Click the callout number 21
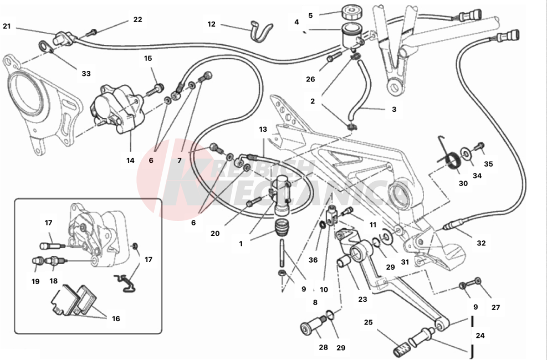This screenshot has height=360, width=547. tap(7, 26)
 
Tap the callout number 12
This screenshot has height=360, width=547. tap(212, 24)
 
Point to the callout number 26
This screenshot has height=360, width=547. tap(310, 79)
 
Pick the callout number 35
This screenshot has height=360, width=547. tap(488, 164)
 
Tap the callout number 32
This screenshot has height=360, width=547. tap(480, 242)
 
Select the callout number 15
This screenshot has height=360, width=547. tap(148, 59)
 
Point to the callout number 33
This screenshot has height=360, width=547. tap(86, 73)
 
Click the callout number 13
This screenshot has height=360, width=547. tap(263, 129)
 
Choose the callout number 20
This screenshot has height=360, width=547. tap(215, 233)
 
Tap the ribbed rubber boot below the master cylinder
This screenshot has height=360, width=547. tap(284, 227)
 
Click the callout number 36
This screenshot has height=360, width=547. tap(313, 260)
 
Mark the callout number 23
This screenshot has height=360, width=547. tap(362, 299)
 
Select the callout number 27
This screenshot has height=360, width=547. tap(495, 308)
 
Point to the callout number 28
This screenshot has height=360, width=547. tap(324, 347)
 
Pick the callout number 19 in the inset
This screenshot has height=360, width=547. tap(35, 281)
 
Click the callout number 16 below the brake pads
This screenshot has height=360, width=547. tap(116, 318)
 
